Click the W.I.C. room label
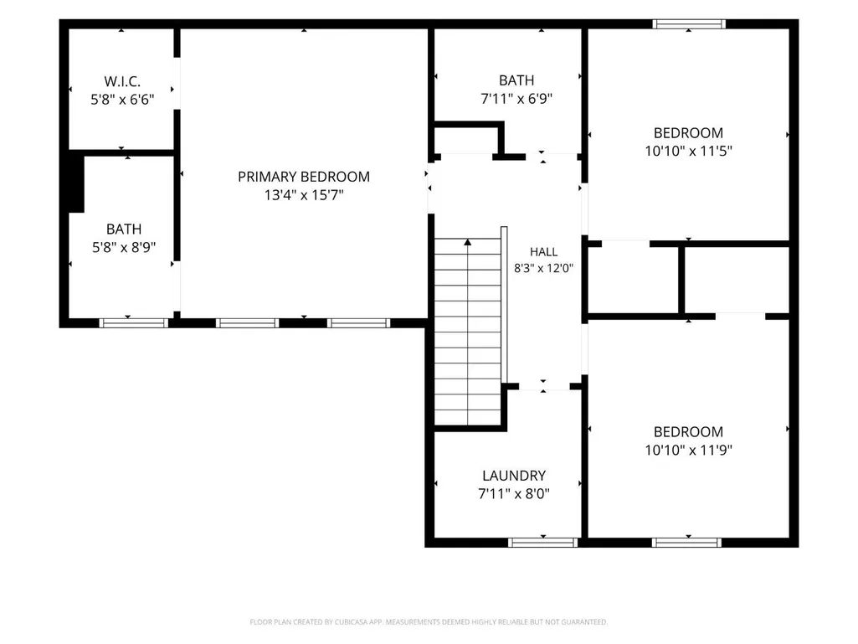pos(122,81)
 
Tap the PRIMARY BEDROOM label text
pos(304,177)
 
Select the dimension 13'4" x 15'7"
pos(304,195)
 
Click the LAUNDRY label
pos(514,476)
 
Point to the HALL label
pos(543,252)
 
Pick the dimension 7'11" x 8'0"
pos(514,494)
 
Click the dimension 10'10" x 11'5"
pos(688,151)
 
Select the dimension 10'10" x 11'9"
pos(688,451)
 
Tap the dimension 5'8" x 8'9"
pos(124,248)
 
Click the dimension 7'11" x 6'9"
pos(516,99)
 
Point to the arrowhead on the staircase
pos(467,241)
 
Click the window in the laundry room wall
pos(542,542)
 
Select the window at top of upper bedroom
pos(689,24)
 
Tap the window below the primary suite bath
pos(134,323)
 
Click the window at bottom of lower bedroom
pos(686,542)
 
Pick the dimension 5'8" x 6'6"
pos(122,100)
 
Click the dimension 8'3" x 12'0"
pos(543,268)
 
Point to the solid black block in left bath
pos(76,183)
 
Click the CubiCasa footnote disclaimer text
pos(429,622)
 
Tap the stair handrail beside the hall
pos(504,305)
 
